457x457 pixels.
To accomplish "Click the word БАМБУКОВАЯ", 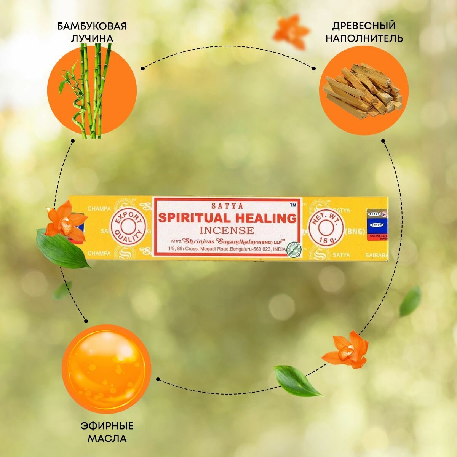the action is pyautogui.click(x=92, y=26).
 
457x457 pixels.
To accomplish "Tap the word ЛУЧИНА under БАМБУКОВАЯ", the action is pyautogui.click(x=92, y=38).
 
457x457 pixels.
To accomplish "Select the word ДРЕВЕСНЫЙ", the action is pyautogui.click(x=364, y=26).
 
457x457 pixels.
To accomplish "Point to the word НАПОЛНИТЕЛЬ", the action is pyautogui.click(x=364, y=38).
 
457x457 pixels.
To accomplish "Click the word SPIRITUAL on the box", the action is pyautogui.click(x=188, y=218).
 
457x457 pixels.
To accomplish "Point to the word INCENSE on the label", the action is pyautogui.click(x=227, y=230).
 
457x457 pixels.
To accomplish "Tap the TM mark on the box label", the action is pyautogui.click(x=293, y=205).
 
